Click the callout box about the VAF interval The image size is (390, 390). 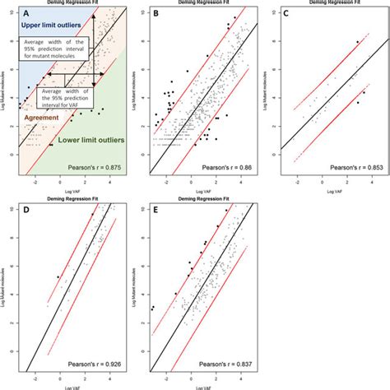point(68,98)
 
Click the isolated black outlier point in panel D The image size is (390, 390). point(58,277)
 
